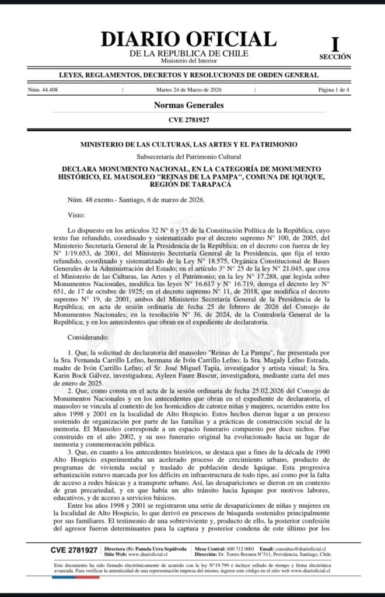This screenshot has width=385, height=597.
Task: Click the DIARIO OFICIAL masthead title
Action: coord(188,39)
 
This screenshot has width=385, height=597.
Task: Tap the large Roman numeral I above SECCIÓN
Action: coord(335,44)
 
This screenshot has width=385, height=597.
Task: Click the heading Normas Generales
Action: coord(188,106)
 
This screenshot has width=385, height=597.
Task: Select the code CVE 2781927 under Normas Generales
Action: coord(188,120)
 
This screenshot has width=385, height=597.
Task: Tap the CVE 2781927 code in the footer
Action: coord(73,550)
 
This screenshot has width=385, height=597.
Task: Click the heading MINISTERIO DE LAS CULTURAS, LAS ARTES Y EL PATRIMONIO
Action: coord(188,144)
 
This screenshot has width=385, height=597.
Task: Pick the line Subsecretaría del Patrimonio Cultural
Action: coord(188,157)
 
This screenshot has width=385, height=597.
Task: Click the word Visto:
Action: coord(76,216)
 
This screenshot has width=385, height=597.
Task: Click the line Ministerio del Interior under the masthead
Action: coord(188,61)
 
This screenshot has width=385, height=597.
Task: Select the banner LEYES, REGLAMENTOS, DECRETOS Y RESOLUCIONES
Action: coord(188,75)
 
